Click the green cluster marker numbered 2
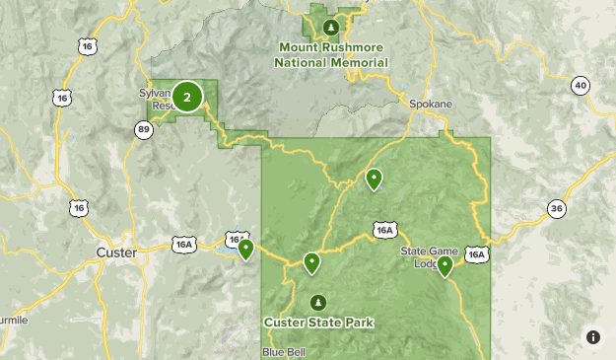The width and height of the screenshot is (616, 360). point(187,97)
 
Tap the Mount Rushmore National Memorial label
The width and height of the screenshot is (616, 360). point(331,55)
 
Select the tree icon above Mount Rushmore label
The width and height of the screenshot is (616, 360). point(332,26)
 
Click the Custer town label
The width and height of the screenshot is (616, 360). point(116,252)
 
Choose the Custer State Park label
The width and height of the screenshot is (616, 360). point(318,322)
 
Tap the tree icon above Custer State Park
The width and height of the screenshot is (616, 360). point(317,302)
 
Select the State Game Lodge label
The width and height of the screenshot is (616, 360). point(429,256)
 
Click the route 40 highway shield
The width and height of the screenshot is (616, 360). point(580,86)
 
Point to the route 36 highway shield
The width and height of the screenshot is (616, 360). point(557,208)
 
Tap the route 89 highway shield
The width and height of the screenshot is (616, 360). point(145,129)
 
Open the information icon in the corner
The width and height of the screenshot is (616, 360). point(593,337)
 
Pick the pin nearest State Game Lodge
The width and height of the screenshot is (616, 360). point(445,265)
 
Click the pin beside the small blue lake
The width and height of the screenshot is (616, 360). point(245,249)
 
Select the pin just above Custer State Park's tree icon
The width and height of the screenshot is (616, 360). point(311,262)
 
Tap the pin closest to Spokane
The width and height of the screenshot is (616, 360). point(374,179)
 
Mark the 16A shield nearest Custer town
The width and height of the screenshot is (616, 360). point(183,245)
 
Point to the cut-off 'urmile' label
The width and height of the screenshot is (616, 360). point(14,321)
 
